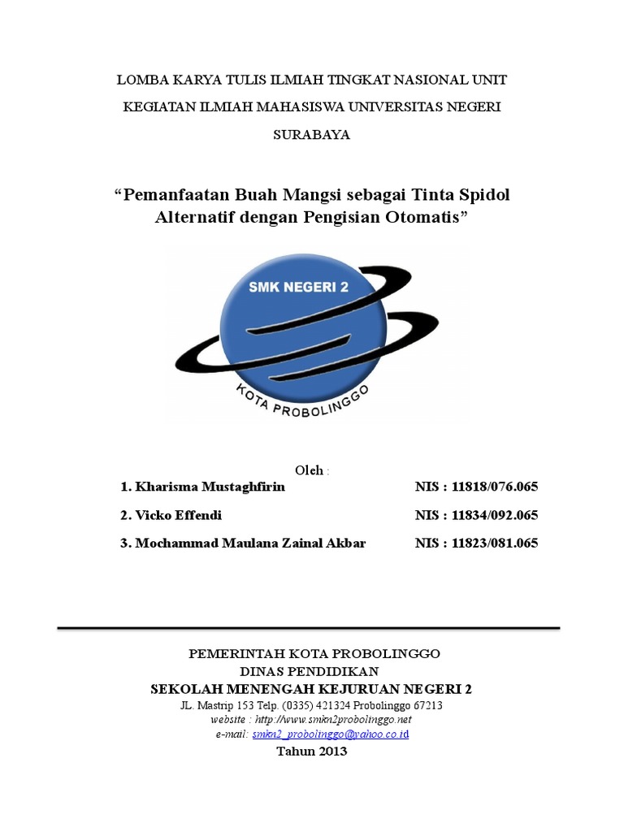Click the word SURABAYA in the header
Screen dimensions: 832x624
pos(312,135)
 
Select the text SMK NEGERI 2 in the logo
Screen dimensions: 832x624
pos(303,287)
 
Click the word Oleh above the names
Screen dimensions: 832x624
pos(310,470)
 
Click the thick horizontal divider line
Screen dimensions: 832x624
pos(310,629)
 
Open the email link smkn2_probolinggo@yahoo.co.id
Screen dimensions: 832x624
pos(331,734)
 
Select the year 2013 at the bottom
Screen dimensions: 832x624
pos(329,751)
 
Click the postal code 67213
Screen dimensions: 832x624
pos(427,705)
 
